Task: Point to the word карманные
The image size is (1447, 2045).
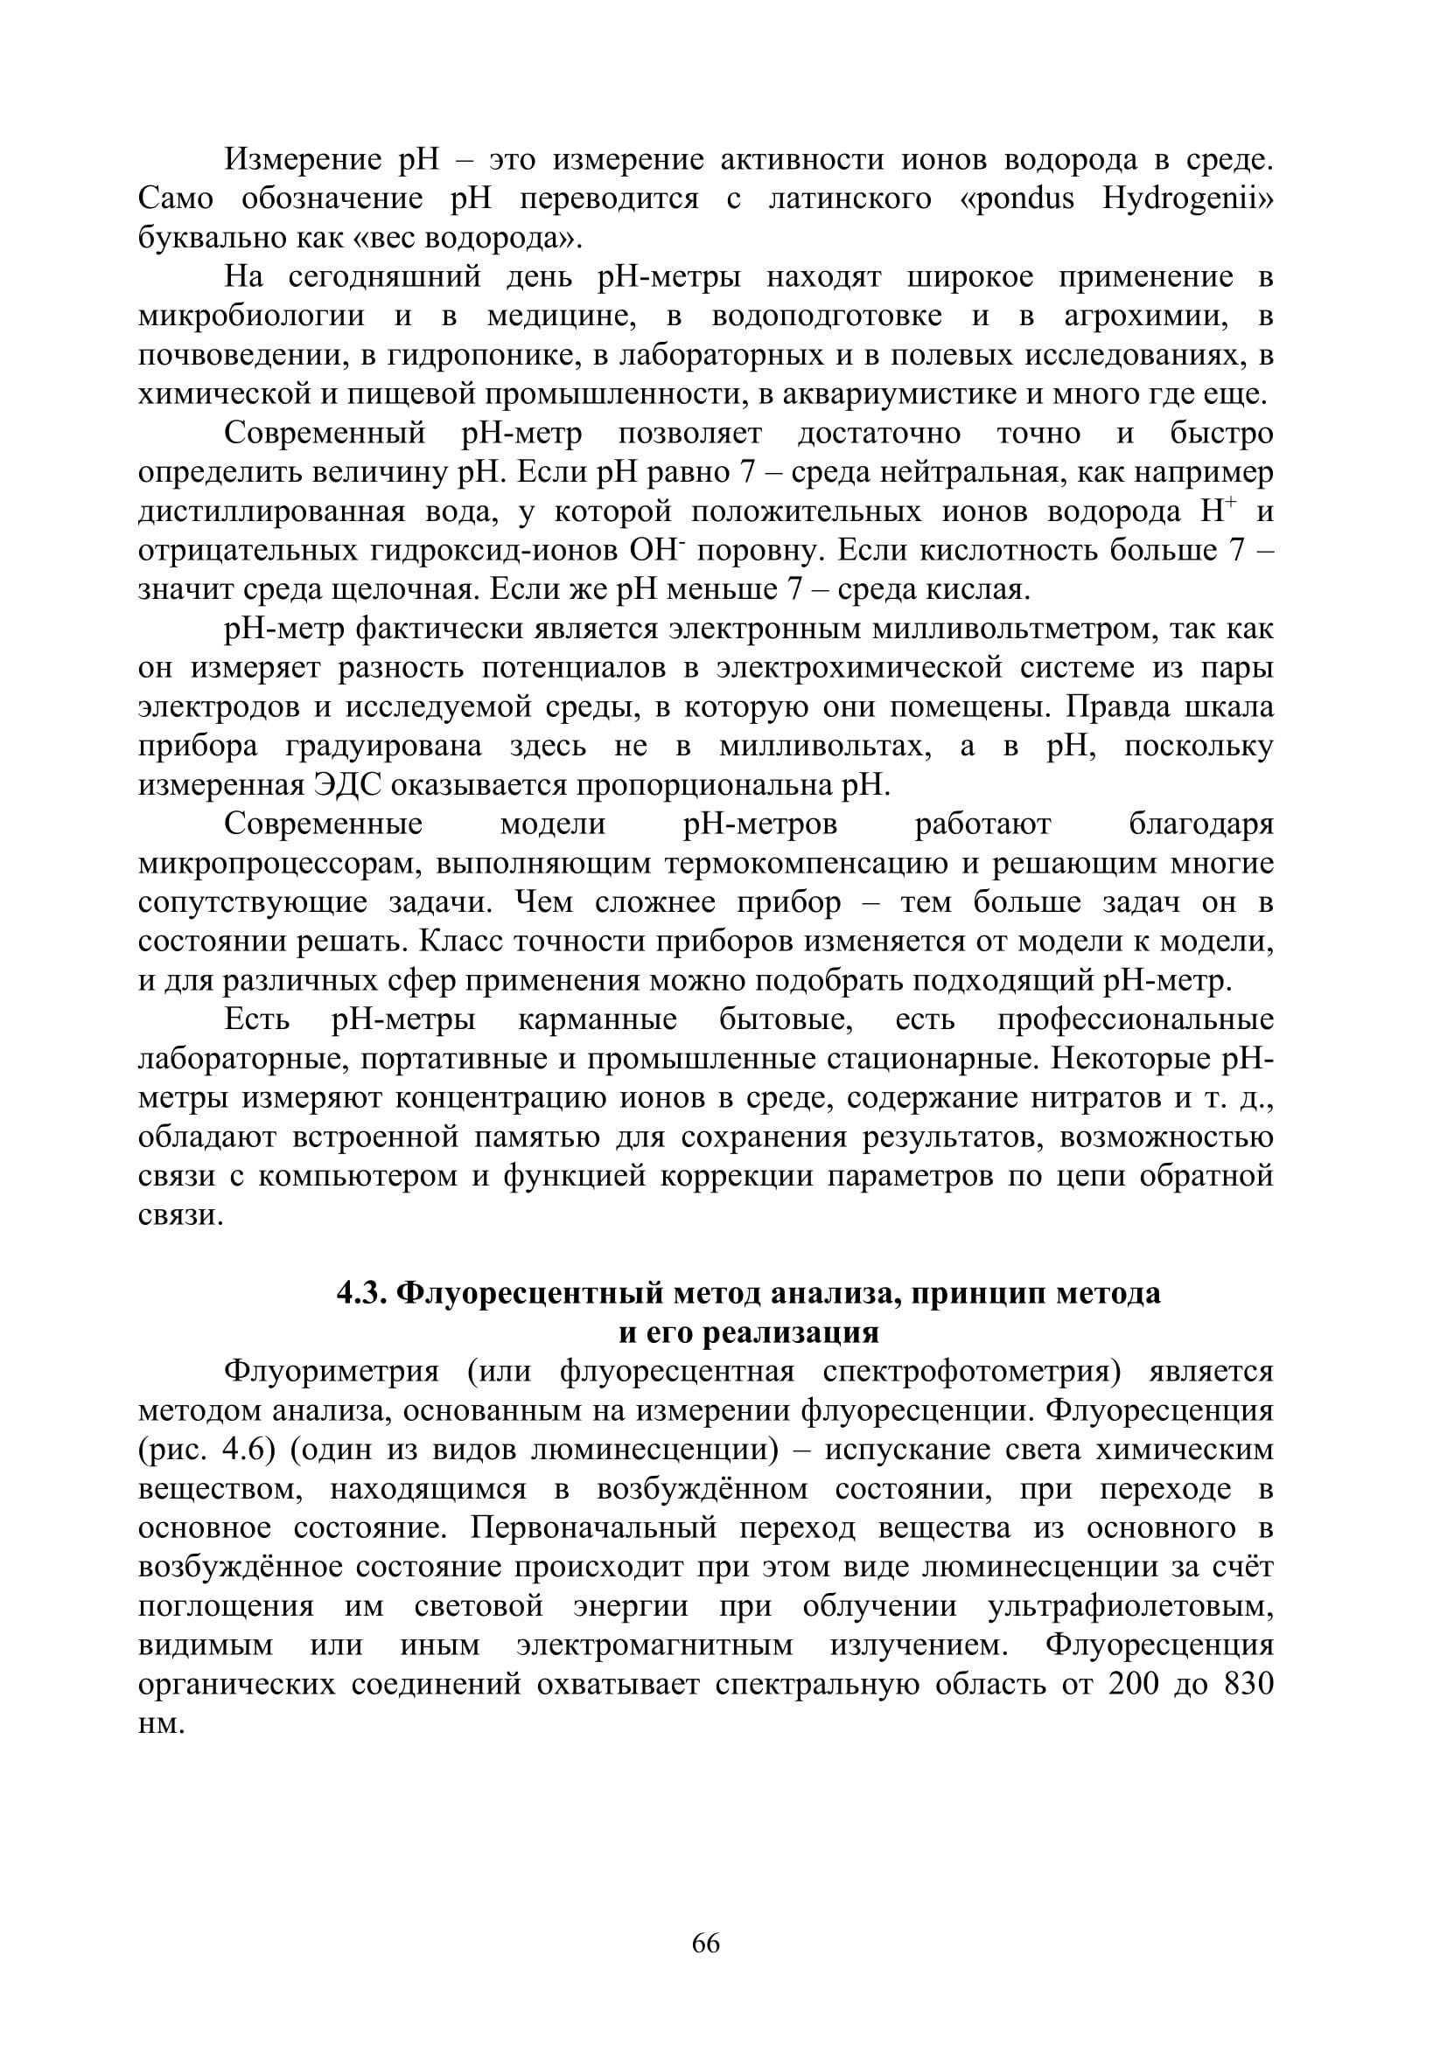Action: pos(597,1019)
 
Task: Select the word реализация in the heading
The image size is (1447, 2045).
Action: pos(791,1332)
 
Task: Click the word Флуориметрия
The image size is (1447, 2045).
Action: pos(332,1372)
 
